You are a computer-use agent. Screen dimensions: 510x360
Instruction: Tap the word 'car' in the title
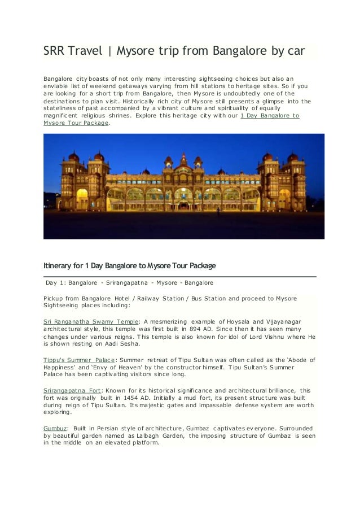click(294, 52)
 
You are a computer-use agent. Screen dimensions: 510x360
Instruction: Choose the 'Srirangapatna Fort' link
click(71, 390)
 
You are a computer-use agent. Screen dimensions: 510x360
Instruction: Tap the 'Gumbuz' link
click(55, 429)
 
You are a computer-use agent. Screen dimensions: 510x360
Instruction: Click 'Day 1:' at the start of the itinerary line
click(56, 282)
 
